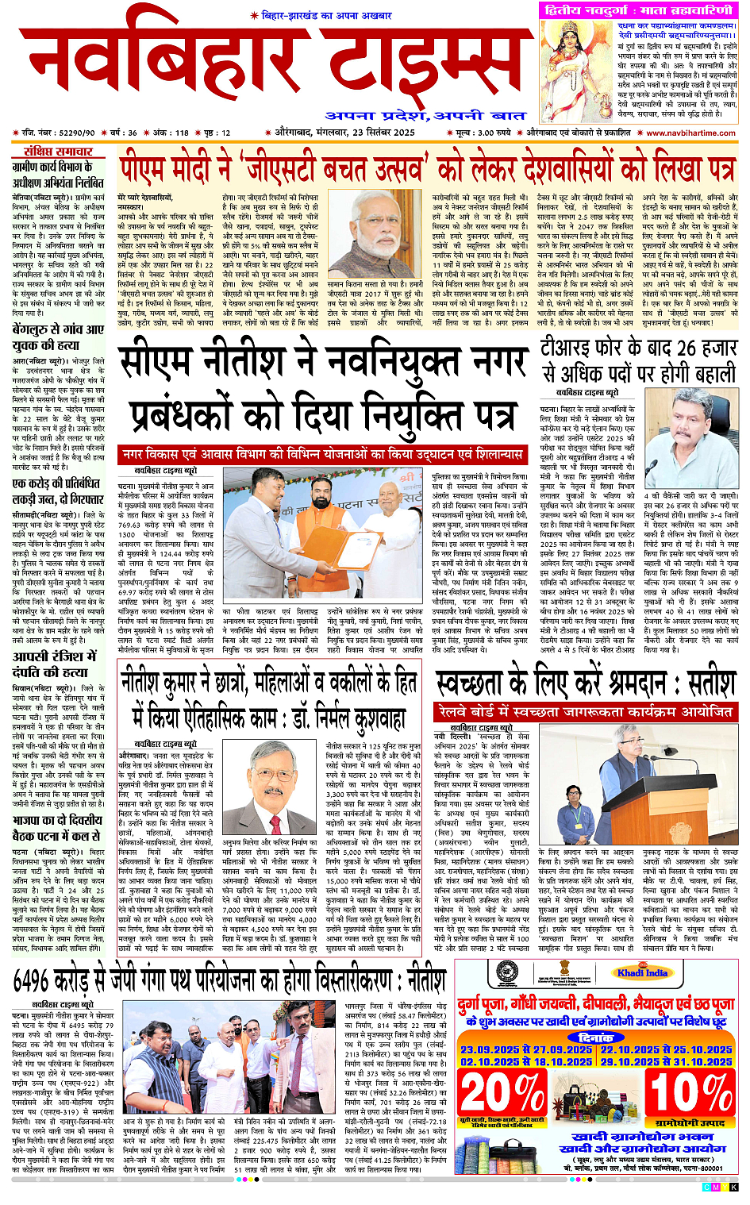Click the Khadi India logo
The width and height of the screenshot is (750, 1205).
pos(642,972)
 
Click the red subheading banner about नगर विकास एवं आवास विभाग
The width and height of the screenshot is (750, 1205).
pos(321,454)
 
